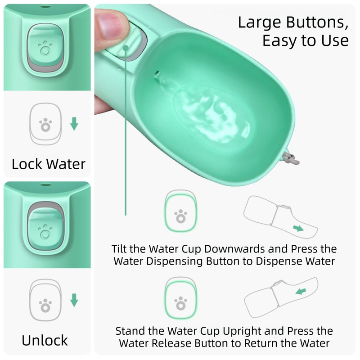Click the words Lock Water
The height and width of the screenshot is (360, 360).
click(x=48, y=163)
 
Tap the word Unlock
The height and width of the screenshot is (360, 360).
click(x=45, y=340)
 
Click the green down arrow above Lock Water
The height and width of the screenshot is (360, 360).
click(x=74, y=124)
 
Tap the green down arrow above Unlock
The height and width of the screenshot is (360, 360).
click(x=74, y=300)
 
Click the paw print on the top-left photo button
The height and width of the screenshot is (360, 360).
click(x=45, y=47)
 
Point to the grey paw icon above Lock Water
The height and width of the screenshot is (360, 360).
click(x=45, y=125)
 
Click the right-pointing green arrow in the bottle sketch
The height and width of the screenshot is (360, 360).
click(x=298, y=229)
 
